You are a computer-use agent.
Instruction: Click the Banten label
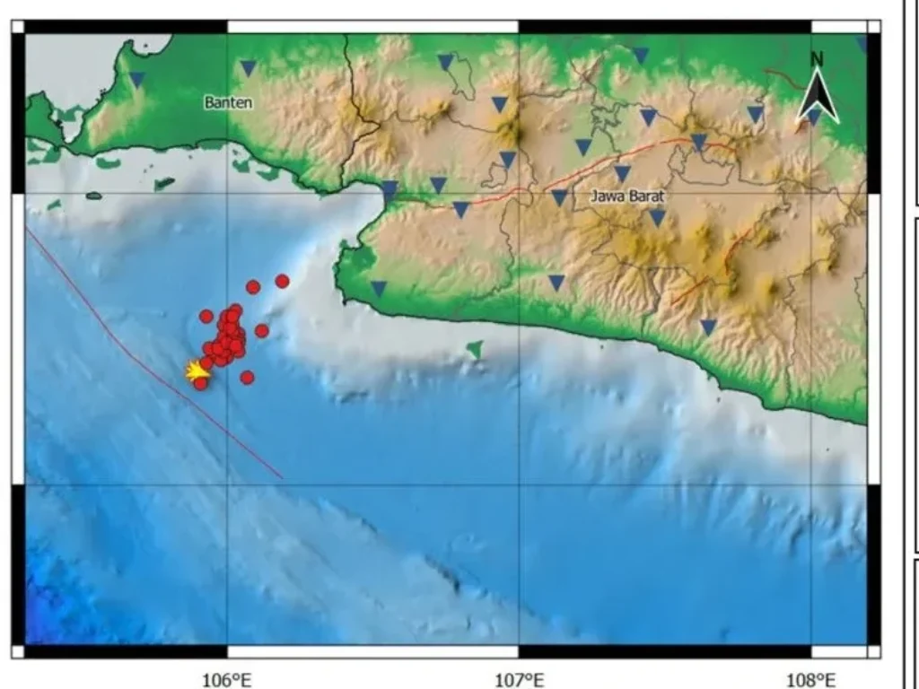[x=229, y=102]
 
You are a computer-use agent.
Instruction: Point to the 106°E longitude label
[x=227, y=679]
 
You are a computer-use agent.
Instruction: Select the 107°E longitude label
[x=520, y=679]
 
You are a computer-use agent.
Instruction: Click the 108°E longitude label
[x=811, y=679]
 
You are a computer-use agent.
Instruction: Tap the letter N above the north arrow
[x=817, y=59]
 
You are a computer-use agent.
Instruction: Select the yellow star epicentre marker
[x=195, y=370]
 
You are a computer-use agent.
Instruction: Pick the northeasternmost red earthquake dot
[x=282, y=281]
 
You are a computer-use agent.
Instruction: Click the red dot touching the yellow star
[x=201, y=383]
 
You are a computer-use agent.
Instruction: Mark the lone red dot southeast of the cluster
[x=247, y=377]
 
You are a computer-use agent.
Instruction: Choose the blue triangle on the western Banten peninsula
[x=137, y=80]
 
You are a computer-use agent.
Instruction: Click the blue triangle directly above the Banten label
[x=249, y=68]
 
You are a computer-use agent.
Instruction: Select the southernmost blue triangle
[x=708, y=327]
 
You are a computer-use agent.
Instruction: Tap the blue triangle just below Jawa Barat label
[x=657, y=217]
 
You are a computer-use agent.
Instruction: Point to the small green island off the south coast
[x=475, y=348]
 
